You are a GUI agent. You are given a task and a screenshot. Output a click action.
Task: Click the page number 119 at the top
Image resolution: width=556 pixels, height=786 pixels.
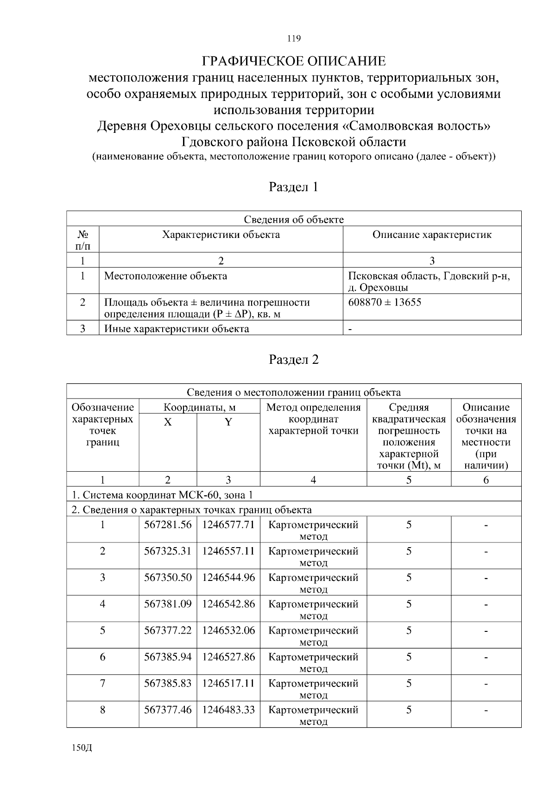pos(294,38)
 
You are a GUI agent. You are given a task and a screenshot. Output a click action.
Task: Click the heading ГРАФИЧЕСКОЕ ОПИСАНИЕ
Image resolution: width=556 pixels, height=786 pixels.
pos(294,62)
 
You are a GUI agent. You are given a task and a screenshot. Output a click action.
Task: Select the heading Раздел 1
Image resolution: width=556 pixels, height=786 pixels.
pos(294,187)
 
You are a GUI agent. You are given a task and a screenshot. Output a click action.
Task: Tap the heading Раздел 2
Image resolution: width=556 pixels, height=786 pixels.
pos(294,360)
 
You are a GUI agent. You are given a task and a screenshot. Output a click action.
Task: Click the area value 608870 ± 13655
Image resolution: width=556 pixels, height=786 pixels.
pos(385,303)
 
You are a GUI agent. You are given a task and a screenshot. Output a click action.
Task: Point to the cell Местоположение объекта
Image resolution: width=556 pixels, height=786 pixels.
pos(165,276)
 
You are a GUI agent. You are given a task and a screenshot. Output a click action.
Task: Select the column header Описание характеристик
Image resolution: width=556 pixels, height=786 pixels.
pos(432,235)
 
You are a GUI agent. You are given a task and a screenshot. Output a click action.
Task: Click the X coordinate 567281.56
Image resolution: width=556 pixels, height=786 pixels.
pos(168,525)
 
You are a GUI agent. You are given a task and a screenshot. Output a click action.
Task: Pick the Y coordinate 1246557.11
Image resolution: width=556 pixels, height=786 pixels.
pos(228,551)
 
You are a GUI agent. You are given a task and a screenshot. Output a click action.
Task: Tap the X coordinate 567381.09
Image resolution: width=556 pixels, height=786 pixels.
pos(168,604)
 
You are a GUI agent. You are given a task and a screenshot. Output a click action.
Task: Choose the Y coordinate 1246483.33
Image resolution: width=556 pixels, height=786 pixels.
pos(228,710)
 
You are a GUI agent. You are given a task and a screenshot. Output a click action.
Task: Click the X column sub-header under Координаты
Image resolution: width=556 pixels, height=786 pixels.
pos(168,422)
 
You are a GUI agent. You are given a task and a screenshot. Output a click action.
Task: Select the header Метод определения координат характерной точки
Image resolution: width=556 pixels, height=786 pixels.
pos(313,419)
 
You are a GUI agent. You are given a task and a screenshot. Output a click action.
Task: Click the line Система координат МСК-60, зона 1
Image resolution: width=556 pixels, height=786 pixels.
pos(162,495)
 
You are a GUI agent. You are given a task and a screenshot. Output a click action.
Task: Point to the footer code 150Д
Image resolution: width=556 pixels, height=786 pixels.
pos(82,749)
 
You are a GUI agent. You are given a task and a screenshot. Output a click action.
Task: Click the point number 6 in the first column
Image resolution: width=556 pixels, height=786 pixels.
pos(102,657)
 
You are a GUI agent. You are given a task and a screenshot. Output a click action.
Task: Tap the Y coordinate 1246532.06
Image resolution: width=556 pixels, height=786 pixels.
pos(228,630)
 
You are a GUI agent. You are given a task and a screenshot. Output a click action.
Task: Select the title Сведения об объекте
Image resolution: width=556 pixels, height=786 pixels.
pos(294,219)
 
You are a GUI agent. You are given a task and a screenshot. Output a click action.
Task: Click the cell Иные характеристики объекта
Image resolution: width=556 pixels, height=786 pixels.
pos(176,329)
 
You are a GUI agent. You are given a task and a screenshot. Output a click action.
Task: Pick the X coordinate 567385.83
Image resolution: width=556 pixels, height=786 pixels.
pos(168,683)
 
